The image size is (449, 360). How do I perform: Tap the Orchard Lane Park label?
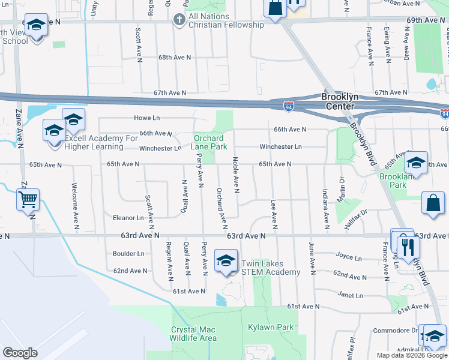point(209,142)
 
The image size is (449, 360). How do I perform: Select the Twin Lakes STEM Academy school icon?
point(226,262)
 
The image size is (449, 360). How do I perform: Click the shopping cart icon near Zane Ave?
point(28,199)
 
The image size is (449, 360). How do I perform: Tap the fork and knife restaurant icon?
point(408,246)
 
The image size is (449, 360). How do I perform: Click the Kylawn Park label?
point(271,327)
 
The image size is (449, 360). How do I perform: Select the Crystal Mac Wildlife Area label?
point(194,334)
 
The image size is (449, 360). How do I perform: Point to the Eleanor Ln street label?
point(128,218)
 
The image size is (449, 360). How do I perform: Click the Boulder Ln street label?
point(128,254)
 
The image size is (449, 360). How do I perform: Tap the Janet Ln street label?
point(351,295)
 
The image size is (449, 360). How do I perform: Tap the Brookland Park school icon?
point(415,163)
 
